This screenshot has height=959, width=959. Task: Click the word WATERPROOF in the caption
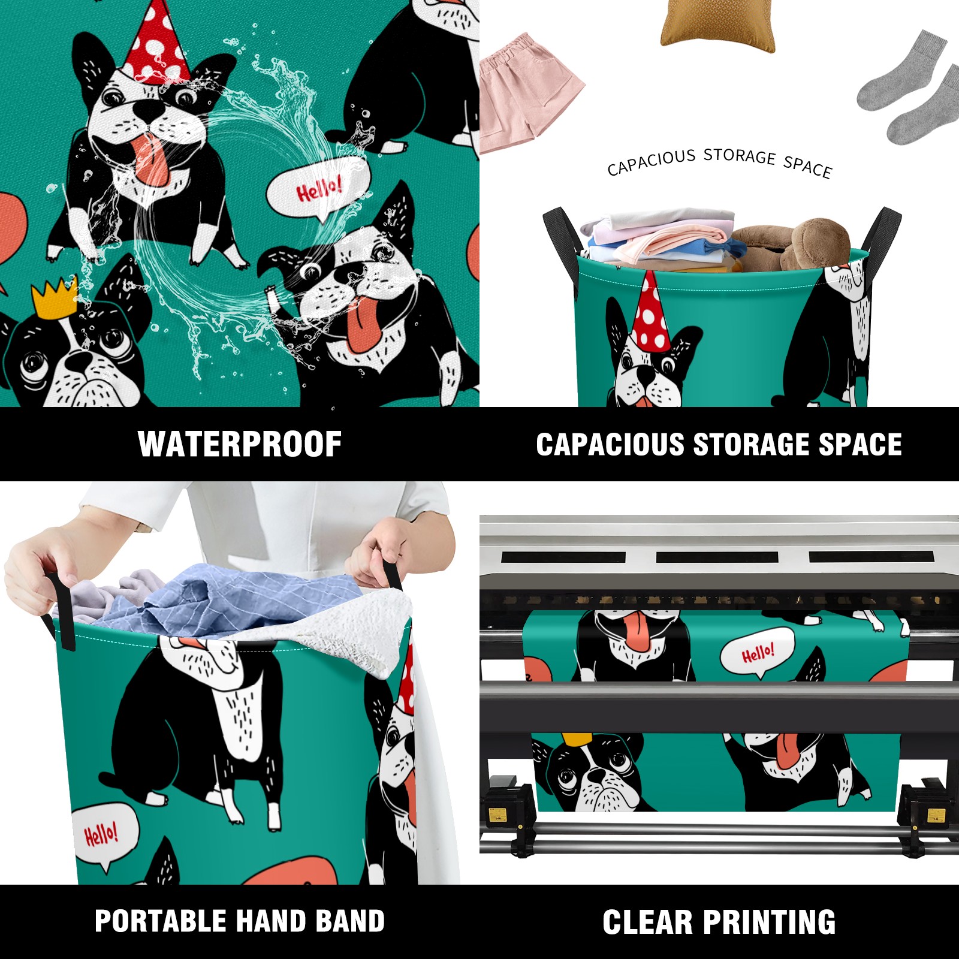[x=240, y=444]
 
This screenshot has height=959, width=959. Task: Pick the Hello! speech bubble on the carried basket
[x=104, y=836]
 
